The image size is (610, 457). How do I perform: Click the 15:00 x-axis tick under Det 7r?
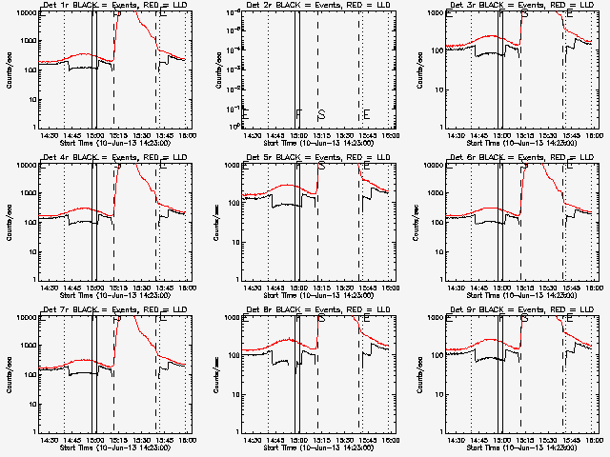92,440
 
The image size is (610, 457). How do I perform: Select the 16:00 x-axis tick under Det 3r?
591,135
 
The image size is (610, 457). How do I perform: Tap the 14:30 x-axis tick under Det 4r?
48,288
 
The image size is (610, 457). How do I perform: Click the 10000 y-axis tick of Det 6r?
433,166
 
